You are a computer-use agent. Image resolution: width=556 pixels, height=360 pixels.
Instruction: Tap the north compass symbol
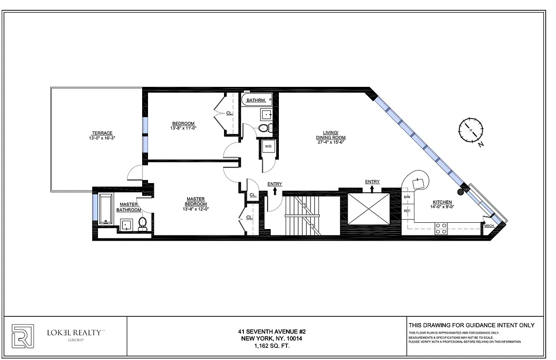click(x=470, y=130)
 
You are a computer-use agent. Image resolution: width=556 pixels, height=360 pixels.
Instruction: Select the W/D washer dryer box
click(x=268, y=147)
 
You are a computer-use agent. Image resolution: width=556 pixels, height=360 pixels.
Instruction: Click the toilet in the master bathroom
click(x=143, y=223)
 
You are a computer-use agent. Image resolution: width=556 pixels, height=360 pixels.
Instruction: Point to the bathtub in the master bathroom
click(x=106, y=208)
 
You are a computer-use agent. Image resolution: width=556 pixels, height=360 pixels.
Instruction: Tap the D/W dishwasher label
click(x=407, y=198)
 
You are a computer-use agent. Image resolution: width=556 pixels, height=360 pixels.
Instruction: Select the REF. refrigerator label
click(x=408, y=211)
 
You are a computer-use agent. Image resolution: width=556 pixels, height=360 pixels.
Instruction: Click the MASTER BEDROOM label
click(x=196, y=202)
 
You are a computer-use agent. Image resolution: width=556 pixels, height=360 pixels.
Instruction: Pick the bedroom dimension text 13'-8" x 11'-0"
click(x=184, y=128)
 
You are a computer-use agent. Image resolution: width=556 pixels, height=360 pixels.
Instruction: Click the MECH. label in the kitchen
click(x=489, y=226)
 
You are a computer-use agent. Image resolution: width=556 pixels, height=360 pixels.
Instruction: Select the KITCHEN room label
click(x=442, y=202)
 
